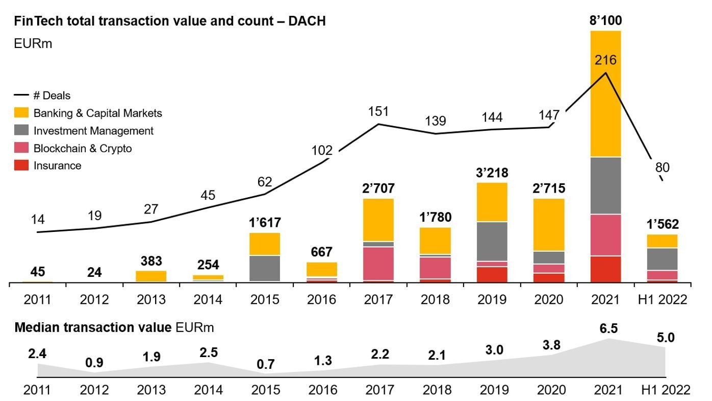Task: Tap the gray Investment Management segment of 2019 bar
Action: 492,241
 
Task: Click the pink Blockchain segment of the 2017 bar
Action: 378,264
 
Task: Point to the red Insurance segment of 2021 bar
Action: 605,269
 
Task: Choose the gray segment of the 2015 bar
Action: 265,268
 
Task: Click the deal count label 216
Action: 605,60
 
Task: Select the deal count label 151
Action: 378,111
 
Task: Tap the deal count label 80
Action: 663,167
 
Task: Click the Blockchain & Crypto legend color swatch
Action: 22,149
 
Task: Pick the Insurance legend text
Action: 57,166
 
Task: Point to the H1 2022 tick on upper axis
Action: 663,299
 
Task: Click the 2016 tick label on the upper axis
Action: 321,299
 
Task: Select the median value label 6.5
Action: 608,328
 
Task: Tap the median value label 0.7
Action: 266,364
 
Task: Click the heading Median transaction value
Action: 93,327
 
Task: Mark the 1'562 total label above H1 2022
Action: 663,225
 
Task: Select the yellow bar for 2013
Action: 151,276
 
